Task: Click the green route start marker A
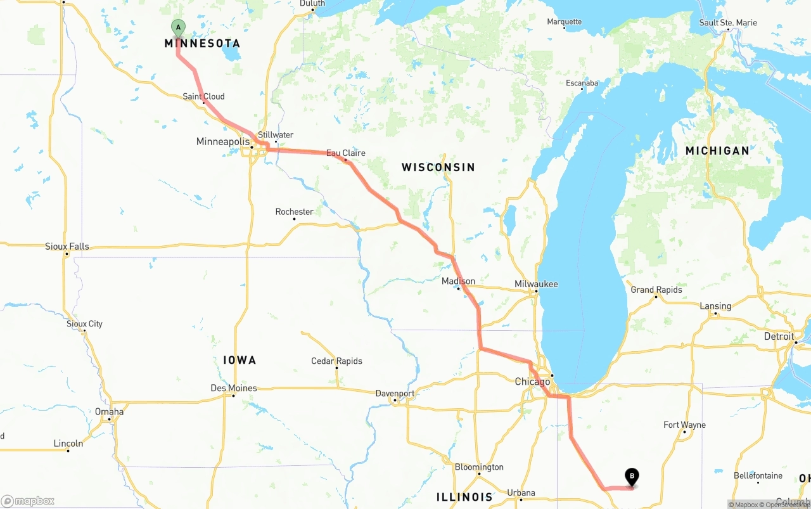pos(178,27)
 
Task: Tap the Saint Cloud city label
pos(203,96)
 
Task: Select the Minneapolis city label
pos(222,141)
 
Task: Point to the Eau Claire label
pos(345,153)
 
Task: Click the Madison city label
pos(458,281)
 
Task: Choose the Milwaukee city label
pos(536,284)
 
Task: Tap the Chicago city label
pos(532,382)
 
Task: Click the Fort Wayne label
pos(684,425)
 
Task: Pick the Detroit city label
pos(779,336)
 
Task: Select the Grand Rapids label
pos(656,290)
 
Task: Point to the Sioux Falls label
pos(67,246)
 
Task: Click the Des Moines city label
pos(234,388)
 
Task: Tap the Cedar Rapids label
pos(336,361)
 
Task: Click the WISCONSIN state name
pos(438,167)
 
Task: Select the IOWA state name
pos(239,360)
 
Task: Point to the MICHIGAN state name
pos(717,151)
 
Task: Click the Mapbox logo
pos(28,501)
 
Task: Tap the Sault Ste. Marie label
pos(728,23)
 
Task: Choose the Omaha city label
pos(110,411)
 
